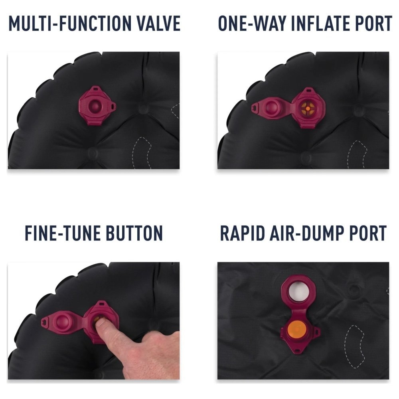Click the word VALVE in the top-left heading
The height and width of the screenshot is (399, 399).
pos(159,24)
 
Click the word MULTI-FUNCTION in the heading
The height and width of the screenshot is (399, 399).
pos(70,24)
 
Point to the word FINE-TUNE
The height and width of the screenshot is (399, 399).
pos(62,233)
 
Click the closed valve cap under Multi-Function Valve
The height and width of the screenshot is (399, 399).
pos(97,106)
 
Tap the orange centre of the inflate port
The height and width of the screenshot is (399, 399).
pos(308,109)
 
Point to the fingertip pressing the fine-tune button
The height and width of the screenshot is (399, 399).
pos(100,321)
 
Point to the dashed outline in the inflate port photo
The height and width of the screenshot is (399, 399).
pos(356,154)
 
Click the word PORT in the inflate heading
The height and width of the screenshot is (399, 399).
pos(374,24)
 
